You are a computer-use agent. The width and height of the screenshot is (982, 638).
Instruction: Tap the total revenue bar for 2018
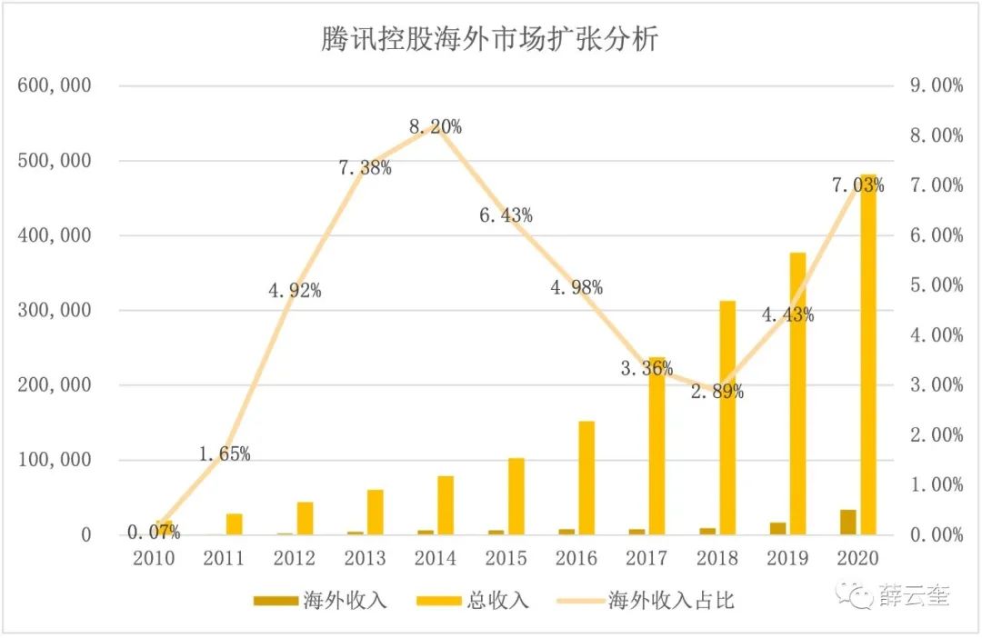pos(727,417)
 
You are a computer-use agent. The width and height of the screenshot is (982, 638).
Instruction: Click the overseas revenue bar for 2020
pos(847,522)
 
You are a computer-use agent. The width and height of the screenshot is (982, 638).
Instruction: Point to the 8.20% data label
pos(435,127)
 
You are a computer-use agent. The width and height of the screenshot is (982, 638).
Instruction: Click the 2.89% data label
pos(717,393)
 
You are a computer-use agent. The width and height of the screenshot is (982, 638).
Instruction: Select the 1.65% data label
pos(224,454)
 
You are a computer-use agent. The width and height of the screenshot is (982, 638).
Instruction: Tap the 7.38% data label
pos(365,167)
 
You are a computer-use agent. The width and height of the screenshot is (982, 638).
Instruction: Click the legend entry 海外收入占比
pos(671,602)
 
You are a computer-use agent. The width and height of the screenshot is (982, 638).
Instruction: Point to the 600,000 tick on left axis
pos(54,86)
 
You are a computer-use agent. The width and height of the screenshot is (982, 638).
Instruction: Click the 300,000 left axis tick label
pos(54,311)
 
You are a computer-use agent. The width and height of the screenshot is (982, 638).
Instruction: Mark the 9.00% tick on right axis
pos(936,86)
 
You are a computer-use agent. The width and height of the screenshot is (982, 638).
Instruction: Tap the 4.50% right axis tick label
pos(936,311)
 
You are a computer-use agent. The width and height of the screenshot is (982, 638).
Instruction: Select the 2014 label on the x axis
pos(436,558)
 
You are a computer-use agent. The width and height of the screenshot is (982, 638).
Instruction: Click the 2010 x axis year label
pos(153,558)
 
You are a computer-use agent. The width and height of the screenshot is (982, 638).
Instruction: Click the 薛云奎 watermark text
pos(915,596)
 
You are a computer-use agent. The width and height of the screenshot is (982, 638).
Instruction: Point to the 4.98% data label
pos(576,288)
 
